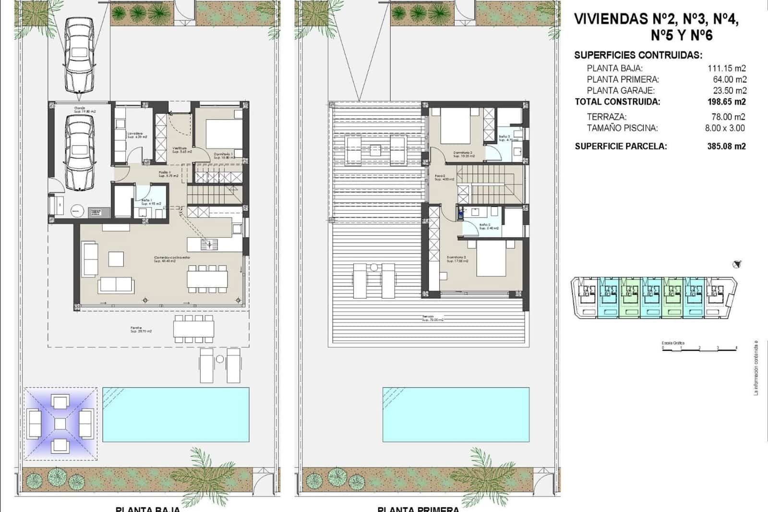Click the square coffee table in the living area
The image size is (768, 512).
tap(116, 259)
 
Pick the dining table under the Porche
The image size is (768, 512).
tap(194, 329)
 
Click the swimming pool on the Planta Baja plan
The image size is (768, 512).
tap(176, 414)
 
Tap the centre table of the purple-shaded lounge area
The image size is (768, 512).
tap(60, 424)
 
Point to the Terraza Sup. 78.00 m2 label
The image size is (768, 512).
tap(432, 318)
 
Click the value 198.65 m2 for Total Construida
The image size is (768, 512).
tap(727, 102)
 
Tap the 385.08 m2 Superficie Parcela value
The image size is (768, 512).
tap(727, 146)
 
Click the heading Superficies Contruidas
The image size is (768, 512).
tap(638, 55)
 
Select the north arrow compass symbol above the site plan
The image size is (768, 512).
tap(737, 264)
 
